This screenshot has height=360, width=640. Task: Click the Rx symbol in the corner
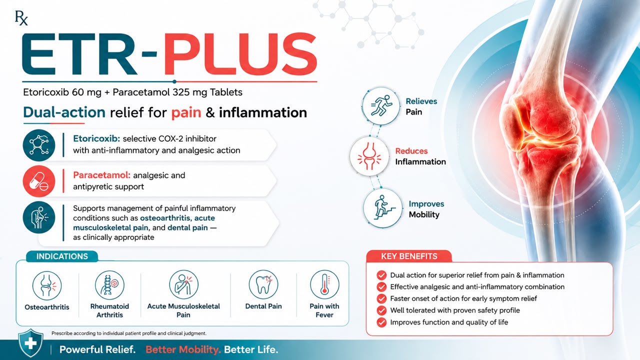pyautogui.click(x=21, y=18)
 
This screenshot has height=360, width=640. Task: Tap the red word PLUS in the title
pyautogui.click(x=240, y=54)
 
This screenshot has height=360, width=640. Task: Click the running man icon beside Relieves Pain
pyautogui.click(x=381, y=106)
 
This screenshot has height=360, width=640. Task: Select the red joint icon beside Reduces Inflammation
pyautogui.click(x=369, y=156)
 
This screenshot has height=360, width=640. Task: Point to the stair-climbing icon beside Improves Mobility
pyautogui.click(x=383, y=208)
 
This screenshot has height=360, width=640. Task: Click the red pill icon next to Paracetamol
pyautogui.click(x=39, y=181)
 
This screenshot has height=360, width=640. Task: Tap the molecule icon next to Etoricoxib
pyautogui.click(x=39, y=145)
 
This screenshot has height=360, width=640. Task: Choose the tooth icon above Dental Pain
pyautogui.click(x=263, y=284)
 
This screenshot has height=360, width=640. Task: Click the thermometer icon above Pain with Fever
pyautogui.click(x=324, y=284)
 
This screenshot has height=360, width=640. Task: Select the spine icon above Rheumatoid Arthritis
pyautogui.click(x=109, y=285)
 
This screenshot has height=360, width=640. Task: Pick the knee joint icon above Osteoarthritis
pyautogui.click(x=47, y=285)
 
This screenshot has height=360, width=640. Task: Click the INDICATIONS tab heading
pyautogui.click(x=62, y=256)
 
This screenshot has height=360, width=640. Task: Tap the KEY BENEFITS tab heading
pyautogui.click(x=409, y=256)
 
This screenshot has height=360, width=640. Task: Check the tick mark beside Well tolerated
pyautogui.click(x=381, y=310)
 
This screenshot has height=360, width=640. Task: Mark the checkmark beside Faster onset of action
pyautogui.click(x=381, y=299)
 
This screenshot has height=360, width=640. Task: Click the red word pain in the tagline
pyautogui.click(x=186, y=112)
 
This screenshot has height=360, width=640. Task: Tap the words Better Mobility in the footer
pyautogui.click(x=183, y=349)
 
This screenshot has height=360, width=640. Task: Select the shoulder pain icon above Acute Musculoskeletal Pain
pyautogui.click(x=183, y=284)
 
